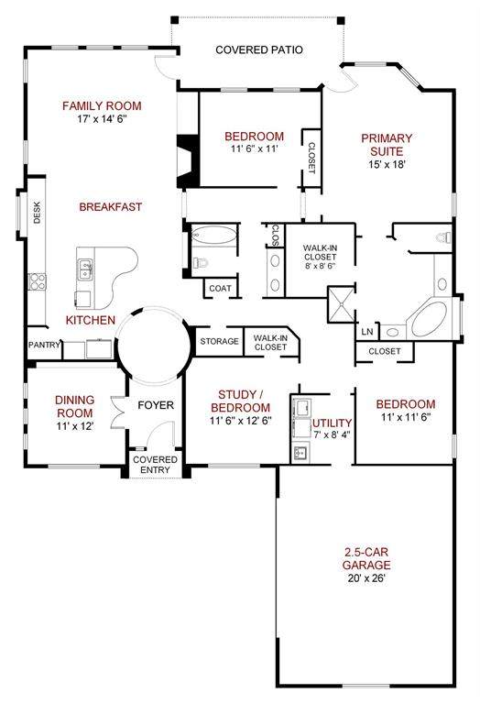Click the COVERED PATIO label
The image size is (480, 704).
pyautogui.click(x=259, y=49)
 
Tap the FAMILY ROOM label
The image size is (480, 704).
pyautogui.click(x=102, y=106)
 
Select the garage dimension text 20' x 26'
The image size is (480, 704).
pyautogui.click(x=366, y=578)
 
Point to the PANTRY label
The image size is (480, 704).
pyautogui.click(x=44, y=345)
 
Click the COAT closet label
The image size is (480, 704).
pyautogui.click(x=220, y=288)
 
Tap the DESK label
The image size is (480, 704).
pyautogui.click(x=38, y=213)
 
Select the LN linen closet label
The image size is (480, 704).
pyautogui.click(x=367, y=332)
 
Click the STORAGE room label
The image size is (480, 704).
pyautogui.click(x=219, y=341)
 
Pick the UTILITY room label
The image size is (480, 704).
pyautogui.click(x=332, y=423)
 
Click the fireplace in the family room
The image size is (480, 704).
pyautogui.click(x=189, y=161)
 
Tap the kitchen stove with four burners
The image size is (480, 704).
pyautogui.click(x=37, y=281)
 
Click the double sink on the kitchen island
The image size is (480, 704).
pyautogui.click(x=85, y=269)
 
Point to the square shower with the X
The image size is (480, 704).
pyautogui.click(x=342, y=304)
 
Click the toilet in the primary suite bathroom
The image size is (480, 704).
pyautogui.click(x=443, y=237)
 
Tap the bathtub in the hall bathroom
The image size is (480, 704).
pyautogui.click(x=213, y=235)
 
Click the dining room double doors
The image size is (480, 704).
pyautogui.click(x=117, y=411)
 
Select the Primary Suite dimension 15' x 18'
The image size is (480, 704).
pyautogui.click(x=387, y=164)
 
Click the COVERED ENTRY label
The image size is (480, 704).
pyautogui.click(x=155, y=465)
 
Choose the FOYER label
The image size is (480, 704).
pyautogui.click(x=156, y=405)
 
